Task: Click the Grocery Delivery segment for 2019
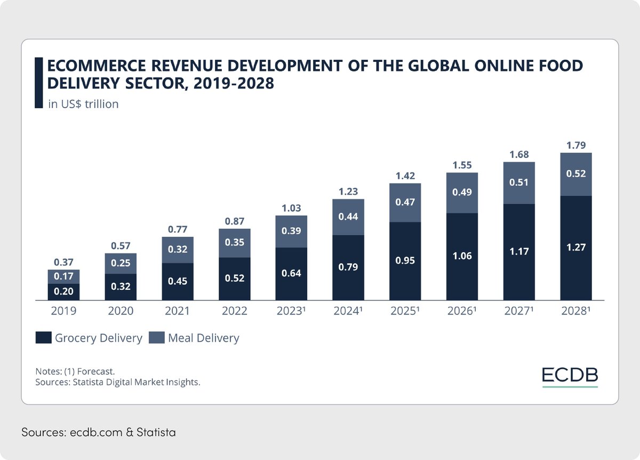coord(63,292)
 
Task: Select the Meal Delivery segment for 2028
coord(576,174)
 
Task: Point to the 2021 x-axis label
coord(178,311)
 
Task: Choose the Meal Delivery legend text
coord(203,338)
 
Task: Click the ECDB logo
coord(570,375)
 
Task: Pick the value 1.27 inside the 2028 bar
coord(576,248)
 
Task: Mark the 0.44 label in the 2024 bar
coord(348,217)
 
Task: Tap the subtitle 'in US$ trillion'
coord(83,104)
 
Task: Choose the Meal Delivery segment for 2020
coord(121,264)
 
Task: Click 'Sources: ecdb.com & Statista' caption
coord(99,432)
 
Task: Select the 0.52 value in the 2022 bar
coord(235,278)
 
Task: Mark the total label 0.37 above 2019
coord(63,262)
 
